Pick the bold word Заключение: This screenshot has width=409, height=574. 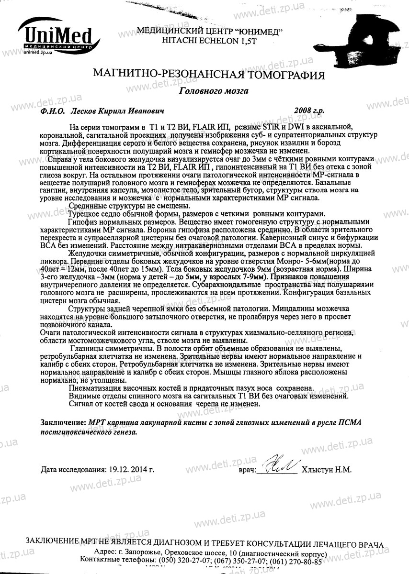(63, 423)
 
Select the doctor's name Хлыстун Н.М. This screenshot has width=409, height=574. (327, 469)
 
